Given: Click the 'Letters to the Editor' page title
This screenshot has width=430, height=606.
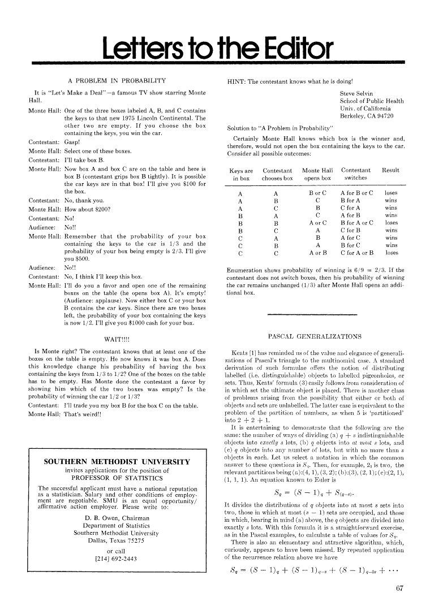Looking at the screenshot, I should click(x=214, y=47).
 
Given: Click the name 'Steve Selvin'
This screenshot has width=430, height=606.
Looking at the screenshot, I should click(x=358, y=92).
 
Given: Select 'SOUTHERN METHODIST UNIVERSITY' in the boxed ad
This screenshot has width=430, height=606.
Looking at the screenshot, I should click(x=117, y=462).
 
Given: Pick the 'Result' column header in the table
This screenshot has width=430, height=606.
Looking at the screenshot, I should click(x=391, y=170).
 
